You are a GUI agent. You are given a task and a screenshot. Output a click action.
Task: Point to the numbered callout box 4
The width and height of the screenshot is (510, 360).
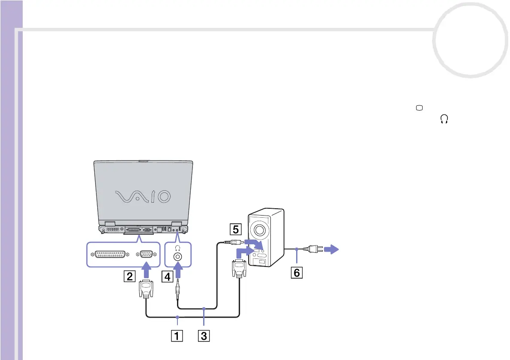pyautogui.click(x=168, y=276)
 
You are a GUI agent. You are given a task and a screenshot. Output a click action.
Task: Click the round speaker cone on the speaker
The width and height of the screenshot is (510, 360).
pyautogui.click(x=259, y=230)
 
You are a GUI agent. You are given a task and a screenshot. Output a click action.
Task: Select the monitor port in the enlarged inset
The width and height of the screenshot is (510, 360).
pyautogui.click(x=146, y=255)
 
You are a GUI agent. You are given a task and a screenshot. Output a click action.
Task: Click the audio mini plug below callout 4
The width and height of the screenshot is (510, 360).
pyautogui.click(x=177, y=290)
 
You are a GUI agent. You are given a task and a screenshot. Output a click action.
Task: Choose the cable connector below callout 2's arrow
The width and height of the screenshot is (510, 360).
pyautogui.click(x=146, y=290)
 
